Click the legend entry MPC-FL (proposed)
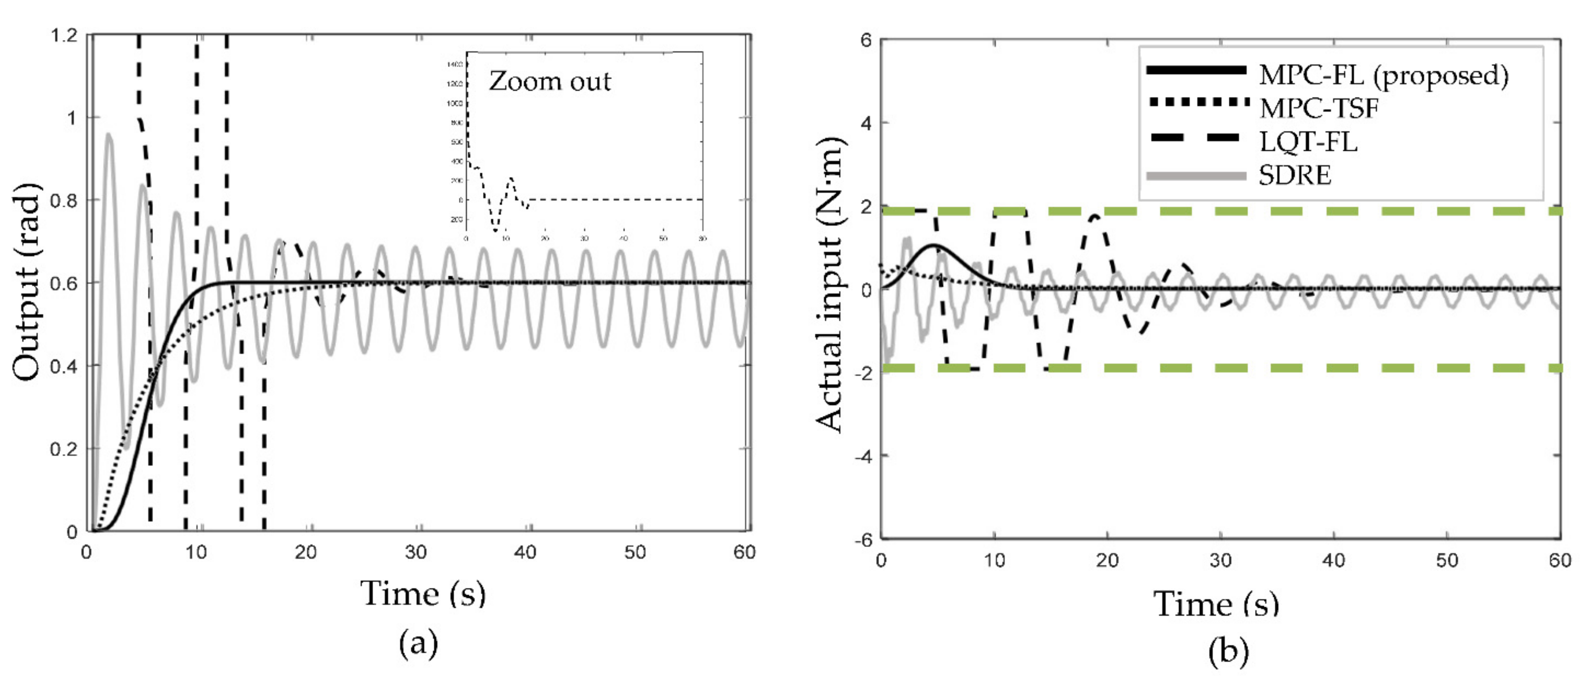pos(1383,76)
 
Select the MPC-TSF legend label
pos(1318,109)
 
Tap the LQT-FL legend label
pos(1308,142)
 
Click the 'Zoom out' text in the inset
pos(550,82)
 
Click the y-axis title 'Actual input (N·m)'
pos(829,284)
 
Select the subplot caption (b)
pos(1228,652)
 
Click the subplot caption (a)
pos(419,643)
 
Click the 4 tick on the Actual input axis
pos(867,124)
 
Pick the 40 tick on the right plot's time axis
pos(1333,560)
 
